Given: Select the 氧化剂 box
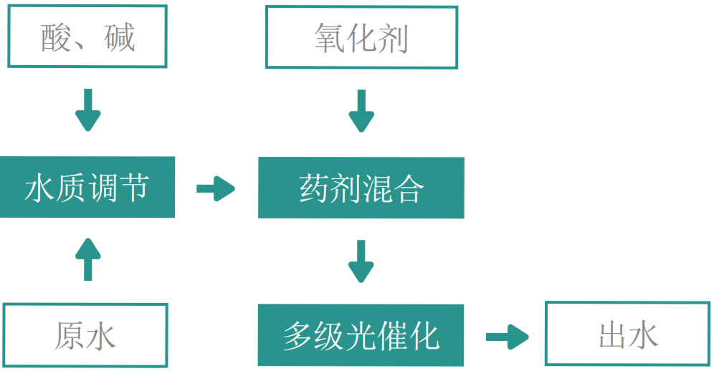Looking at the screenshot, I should [361, 37].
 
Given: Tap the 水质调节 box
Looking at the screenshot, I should [87, 187].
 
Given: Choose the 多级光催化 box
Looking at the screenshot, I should [361, 335].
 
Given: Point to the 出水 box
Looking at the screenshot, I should [628, 334].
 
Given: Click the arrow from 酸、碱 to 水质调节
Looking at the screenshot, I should [87, 110].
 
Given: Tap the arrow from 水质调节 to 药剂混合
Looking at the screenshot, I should [216, 190].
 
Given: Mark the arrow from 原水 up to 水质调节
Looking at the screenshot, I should [87, 259].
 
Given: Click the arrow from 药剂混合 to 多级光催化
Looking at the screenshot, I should [361, 261].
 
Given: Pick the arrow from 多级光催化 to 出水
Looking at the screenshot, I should [507, 337].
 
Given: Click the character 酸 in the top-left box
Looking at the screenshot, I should [56, 37].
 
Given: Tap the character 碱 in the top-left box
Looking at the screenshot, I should [118, 37].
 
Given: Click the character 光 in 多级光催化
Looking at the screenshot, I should [361, 335].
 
